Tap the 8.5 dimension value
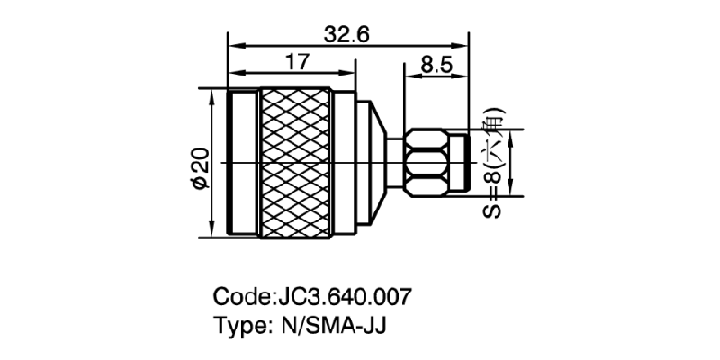tap(436, 65)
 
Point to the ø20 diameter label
tap(200, 167)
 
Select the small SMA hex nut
tap(429, 163)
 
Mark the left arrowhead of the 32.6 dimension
tap(233, 46)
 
